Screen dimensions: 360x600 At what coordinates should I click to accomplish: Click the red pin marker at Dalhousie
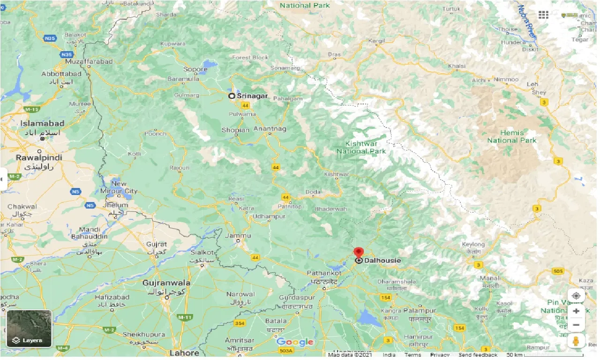pos(359,252)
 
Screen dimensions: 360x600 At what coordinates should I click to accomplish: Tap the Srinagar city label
pos(252,96)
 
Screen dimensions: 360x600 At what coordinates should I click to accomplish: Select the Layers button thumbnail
pos(29,329)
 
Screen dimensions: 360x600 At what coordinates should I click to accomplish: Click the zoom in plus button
pos(576,311)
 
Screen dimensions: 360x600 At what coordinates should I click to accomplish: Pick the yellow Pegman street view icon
pos(576,341)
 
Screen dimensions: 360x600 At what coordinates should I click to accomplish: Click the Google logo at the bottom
pos(295,342)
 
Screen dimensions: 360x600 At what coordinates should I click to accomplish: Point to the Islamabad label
pos(42,124)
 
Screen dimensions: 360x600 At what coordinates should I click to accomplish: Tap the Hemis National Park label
pos(511,136)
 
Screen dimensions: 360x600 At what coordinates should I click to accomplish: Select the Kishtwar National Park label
pos(361,147)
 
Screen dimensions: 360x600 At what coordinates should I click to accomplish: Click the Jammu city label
pos(238,236)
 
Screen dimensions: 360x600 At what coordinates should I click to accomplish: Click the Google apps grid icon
pos(543,15)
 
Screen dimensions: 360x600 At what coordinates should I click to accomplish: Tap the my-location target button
pos(576,296)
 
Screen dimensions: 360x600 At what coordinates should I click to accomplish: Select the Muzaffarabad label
pos(89,61)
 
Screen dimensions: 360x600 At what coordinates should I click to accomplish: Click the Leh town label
pos(532,84)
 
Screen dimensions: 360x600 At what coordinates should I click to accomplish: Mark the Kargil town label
pos(376,41)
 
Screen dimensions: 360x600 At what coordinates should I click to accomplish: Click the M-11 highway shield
pos(185,317)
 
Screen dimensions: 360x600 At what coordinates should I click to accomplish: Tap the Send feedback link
pos(478,355)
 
